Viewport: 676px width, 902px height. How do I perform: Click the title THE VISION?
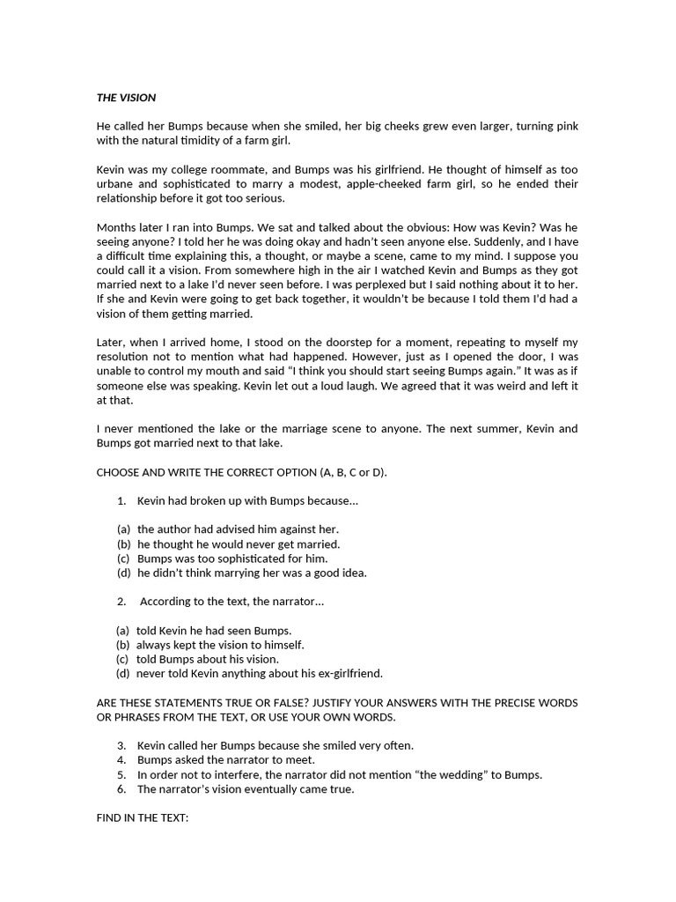pyautogui.click(x=126, y=97)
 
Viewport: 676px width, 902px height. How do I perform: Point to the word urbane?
pyautogui.click(x=116, y=183)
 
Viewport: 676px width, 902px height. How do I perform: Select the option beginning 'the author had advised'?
pyautogui.click(x=238, y=529)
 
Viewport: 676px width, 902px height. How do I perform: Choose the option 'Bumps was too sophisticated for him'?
pyautogui.click(x=232, y=558)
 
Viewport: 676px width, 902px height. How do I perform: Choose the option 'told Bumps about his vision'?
pyautogui.click(x=207, y=659)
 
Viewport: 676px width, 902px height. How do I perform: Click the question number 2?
pyautogui.click(x=121, y=602)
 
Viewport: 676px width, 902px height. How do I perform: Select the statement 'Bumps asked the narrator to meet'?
pyautogui.click(x=226, y=760)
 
